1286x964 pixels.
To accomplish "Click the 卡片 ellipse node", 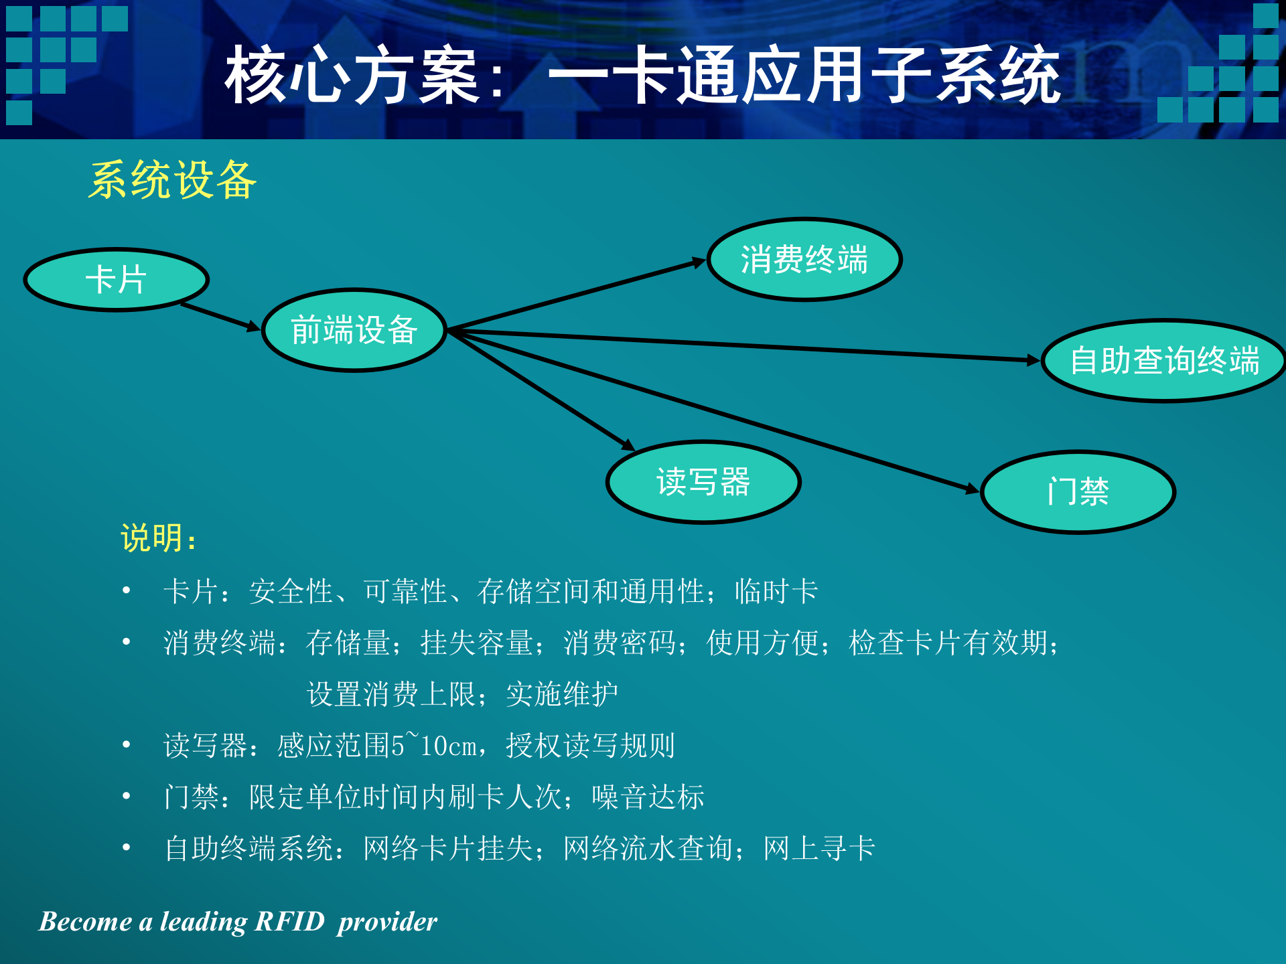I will point(116,280).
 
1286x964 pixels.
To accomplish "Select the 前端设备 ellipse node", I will point(354,330).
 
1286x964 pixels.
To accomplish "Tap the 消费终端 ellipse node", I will point(804,260).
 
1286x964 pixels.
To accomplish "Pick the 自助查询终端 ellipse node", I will point(1164,361).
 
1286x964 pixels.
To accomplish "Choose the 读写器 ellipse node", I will point(703,482).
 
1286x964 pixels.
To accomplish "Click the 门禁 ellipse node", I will point(1078,492).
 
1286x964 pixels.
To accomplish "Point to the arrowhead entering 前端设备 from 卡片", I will point(254,327).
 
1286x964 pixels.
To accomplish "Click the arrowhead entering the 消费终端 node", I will point(699,262).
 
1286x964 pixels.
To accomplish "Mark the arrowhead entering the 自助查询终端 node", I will point(1033,360).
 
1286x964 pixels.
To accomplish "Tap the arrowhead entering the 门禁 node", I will point(973,489).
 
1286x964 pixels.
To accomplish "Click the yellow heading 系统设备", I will point(173,180).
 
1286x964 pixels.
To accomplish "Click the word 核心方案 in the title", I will point(352,76).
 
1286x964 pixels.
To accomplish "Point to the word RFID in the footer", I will point(289,922).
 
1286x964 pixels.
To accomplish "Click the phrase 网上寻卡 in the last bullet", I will point(819,849).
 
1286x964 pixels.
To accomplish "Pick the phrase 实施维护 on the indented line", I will point(562,694).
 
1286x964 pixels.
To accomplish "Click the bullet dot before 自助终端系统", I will point(127,848).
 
